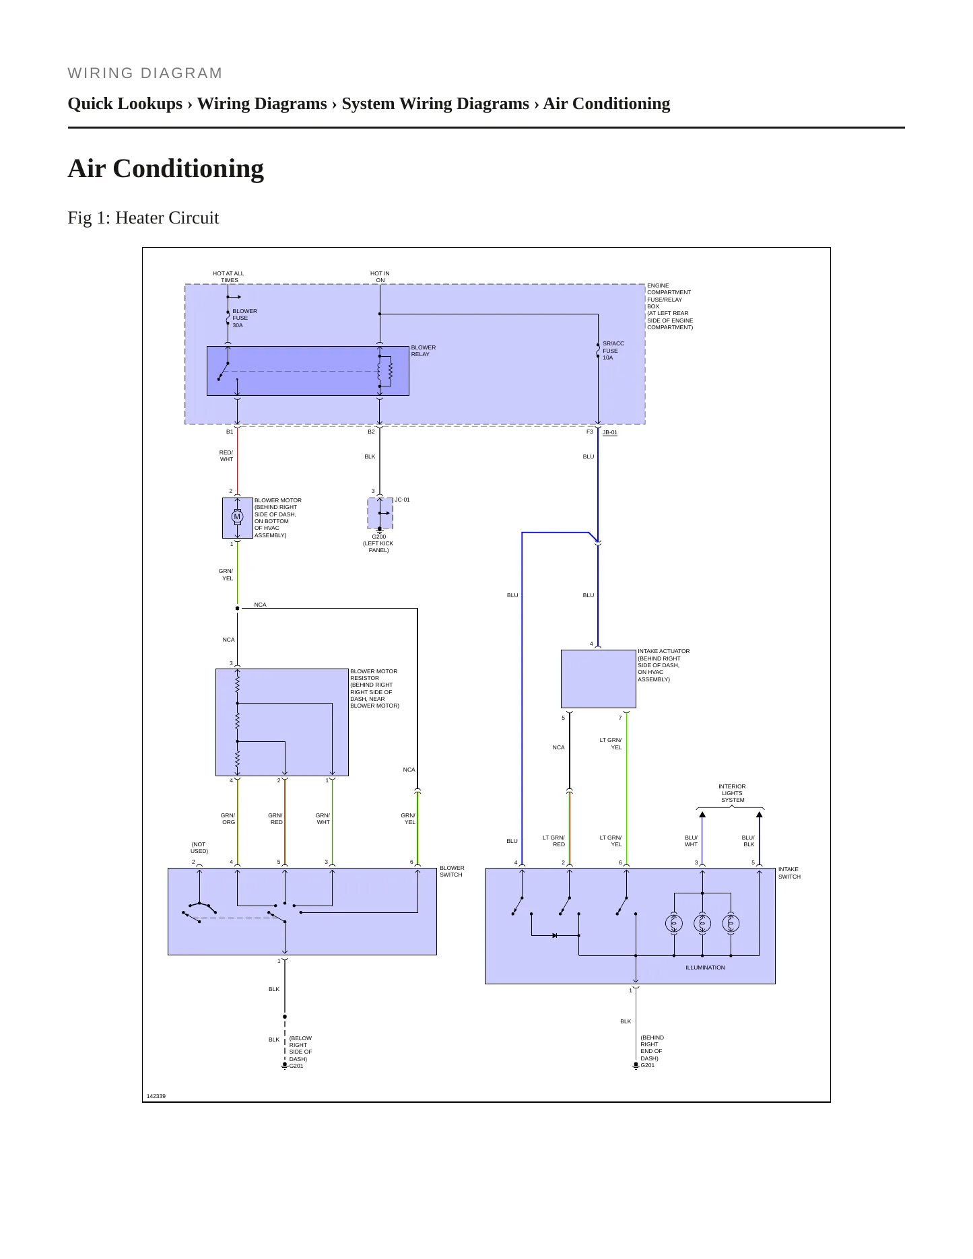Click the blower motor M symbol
237,517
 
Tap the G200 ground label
379,537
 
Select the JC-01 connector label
402,500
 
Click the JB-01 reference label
610,432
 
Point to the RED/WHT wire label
226,456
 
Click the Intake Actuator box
599,679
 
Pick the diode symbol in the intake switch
555,935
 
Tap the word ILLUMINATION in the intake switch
706,967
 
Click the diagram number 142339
156,1096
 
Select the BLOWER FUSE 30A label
244,318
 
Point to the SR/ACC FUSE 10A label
613,351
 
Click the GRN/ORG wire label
228,819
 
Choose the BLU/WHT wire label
692,841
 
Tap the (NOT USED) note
199,848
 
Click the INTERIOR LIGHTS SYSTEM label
732,793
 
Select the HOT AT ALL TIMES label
229,277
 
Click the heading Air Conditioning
166,168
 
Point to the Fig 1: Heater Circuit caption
143,217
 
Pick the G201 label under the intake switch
648,1065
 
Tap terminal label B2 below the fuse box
371,432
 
